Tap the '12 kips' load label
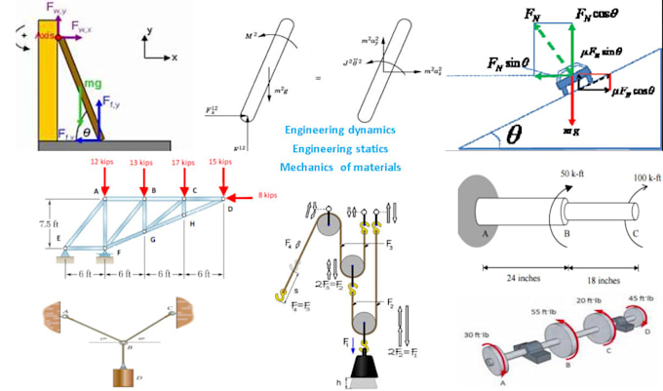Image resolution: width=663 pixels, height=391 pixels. click(x=104, y=162)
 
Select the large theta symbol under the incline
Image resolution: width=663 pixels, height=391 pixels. click(x=515, y=133)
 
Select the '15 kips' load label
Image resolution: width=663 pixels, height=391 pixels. click(x=223, y=162)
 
